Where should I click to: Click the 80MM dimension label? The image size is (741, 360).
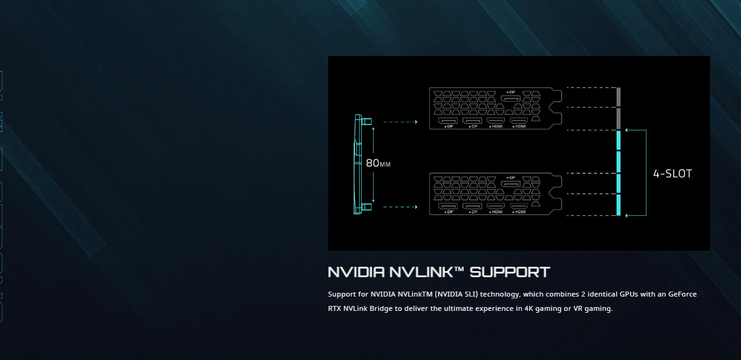pos(378,164)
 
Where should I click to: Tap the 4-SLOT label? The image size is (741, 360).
pos(672,173)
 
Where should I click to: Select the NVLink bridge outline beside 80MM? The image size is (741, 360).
pos(358,164)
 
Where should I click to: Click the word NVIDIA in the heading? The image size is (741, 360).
pos(356,272)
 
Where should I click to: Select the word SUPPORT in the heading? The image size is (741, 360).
pos(510,272)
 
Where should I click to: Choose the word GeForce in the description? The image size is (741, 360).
pos(683,294)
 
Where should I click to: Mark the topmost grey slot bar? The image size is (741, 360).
pos(619,97)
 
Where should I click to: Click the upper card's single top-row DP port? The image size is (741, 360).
pos(511,98)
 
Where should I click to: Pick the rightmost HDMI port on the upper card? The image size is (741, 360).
pos(519,120)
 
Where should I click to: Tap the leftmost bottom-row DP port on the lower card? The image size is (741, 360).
pos(448,206)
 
